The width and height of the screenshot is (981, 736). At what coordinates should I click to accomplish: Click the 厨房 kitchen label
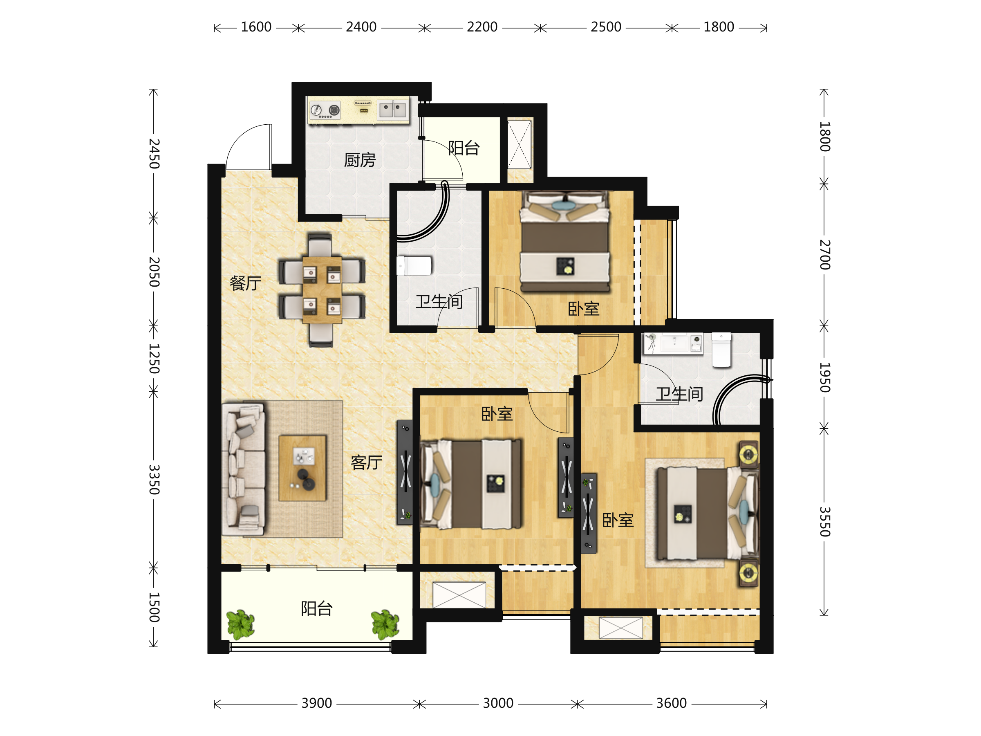360,160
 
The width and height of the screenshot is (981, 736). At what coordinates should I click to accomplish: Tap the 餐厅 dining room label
246,283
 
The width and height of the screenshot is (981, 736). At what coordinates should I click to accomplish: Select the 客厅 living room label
367,462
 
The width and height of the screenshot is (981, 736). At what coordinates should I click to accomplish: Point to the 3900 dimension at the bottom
317,703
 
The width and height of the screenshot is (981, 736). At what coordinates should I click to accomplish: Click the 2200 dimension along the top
482,27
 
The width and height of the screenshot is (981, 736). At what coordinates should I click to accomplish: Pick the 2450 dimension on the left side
154,153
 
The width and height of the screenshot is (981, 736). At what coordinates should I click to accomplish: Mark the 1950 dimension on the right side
824,377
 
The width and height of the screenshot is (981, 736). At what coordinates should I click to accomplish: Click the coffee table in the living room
302,468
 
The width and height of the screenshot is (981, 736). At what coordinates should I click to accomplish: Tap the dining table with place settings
323,289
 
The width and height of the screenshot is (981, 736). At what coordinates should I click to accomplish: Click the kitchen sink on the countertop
393,110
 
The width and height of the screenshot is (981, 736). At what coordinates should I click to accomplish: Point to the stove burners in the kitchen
325,110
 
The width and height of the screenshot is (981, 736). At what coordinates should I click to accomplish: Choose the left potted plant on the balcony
240,625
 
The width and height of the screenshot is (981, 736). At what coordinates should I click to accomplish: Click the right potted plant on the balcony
385,625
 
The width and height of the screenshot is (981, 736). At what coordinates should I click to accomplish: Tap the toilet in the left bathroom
414,266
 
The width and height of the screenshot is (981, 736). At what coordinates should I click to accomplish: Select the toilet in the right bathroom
721,350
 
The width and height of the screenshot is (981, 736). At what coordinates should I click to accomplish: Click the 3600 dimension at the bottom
672,703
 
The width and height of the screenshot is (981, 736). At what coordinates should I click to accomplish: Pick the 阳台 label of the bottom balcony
317,608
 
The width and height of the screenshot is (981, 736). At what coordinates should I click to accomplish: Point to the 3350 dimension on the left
154,480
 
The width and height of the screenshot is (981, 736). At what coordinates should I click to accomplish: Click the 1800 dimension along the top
719,27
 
